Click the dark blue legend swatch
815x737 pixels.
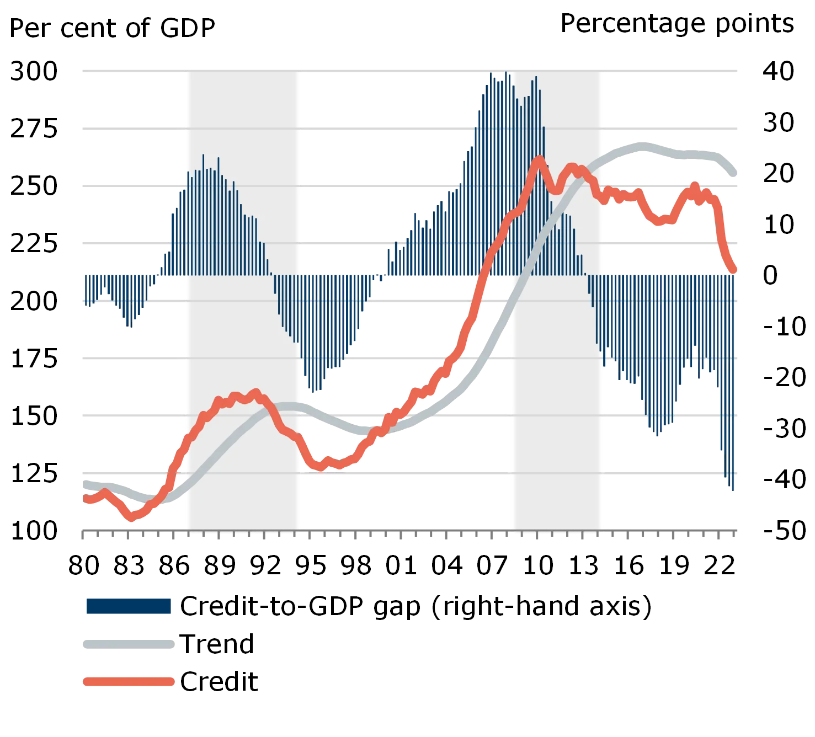pos(127,606)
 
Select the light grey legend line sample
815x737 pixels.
pos(127,644)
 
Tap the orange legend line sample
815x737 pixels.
pos(127,682)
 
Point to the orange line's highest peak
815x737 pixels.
pos(539,160)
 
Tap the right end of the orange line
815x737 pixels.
pos(736,270)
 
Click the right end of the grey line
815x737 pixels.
pos(738,175)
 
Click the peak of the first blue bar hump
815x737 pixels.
pos(204,155)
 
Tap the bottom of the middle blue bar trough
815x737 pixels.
pos(315,392)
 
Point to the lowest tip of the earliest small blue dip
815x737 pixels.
pos(130,330)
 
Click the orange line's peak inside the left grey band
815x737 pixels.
pos(255,392)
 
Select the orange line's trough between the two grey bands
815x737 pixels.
pos(320,468)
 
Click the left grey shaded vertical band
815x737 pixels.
pos(243,331)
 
